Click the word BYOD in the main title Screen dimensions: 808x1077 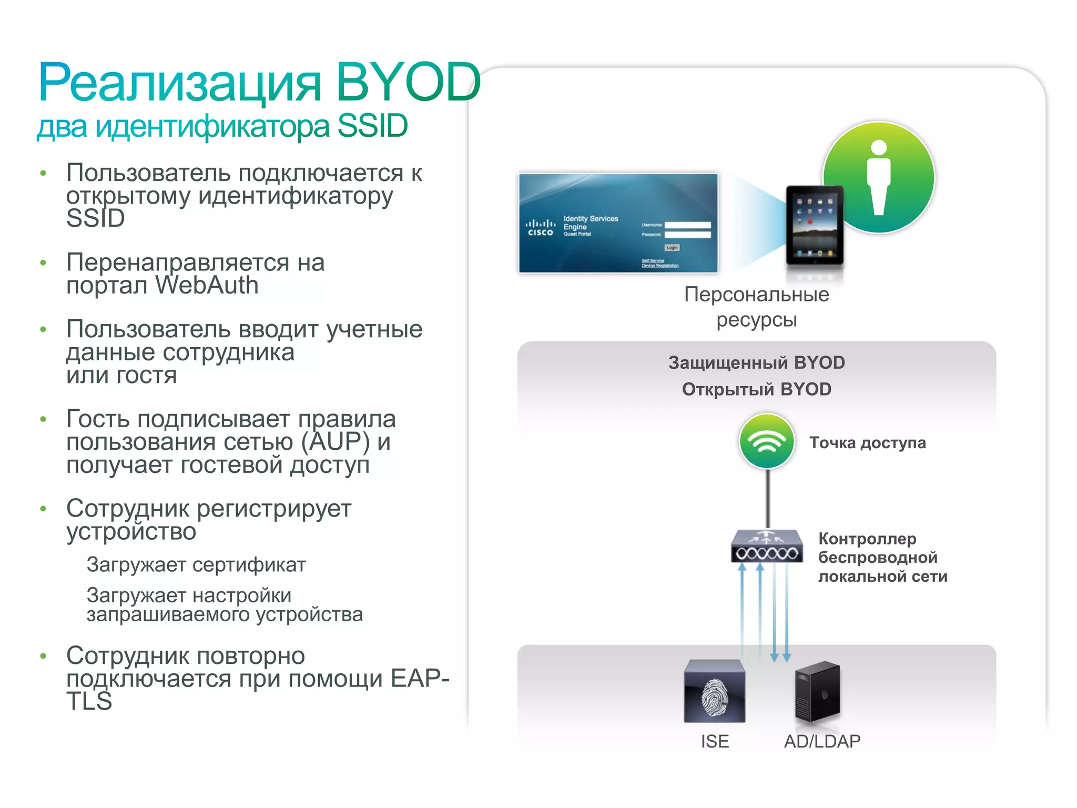click(408, 82)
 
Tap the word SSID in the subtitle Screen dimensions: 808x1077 click(372, 126)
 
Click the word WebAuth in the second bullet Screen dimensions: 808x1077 click(207, 286)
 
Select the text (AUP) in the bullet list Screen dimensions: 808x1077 click(336, 442)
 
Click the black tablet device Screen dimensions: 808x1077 click(815, 225)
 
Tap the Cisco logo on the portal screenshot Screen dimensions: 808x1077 click(541, 227)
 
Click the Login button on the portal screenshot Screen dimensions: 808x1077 click(672, 247)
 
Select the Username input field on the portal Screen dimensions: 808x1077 click(687, 225)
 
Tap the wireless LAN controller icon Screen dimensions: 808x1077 click(767, 547)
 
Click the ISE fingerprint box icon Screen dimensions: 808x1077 click(714, 691)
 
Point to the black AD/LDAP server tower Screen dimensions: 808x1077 click(818, 691)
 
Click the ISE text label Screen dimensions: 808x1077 click(715, 741)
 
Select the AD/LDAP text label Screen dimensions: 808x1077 click(822, 741)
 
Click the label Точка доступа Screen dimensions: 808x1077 click(867, 443)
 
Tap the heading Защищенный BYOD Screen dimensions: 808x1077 click(756, 362)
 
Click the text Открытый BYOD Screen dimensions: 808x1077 click(756, 389)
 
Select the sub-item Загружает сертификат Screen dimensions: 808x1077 click(196, 565)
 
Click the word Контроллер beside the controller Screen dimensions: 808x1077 click(867, 539)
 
